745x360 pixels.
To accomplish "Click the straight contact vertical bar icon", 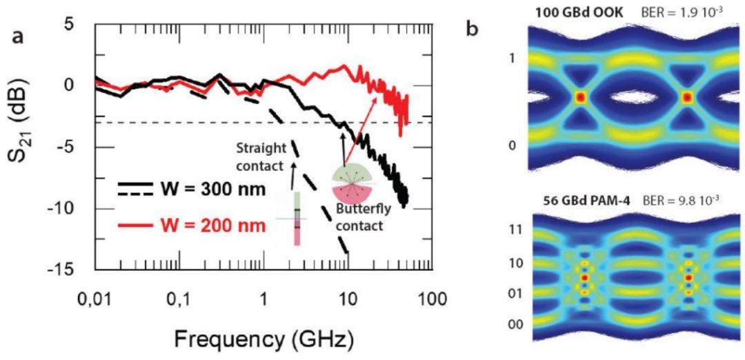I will click(298, 219).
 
